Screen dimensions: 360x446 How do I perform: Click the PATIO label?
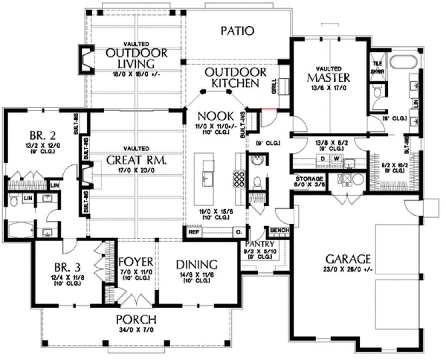pyautogui.click(x=237, y=31)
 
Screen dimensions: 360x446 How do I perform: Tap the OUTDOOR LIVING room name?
pyautogui.click(x=136, y=60)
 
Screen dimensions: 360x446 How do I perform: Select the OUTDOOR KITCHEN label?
pyautogui.click(x=235, y=78)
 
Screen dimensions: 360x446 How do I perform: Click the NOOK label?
pyautogui.click(x=216, y=115)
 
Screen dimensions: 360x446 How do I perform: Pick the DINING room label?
pyautogui.click(x=197, y=265)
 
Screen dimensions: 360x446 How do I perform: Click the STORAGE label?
pyautogui.click(x=309, y=178)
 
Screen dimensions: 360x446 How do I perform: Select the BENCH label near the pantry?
pyautogui.click(x=283, y=230)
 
